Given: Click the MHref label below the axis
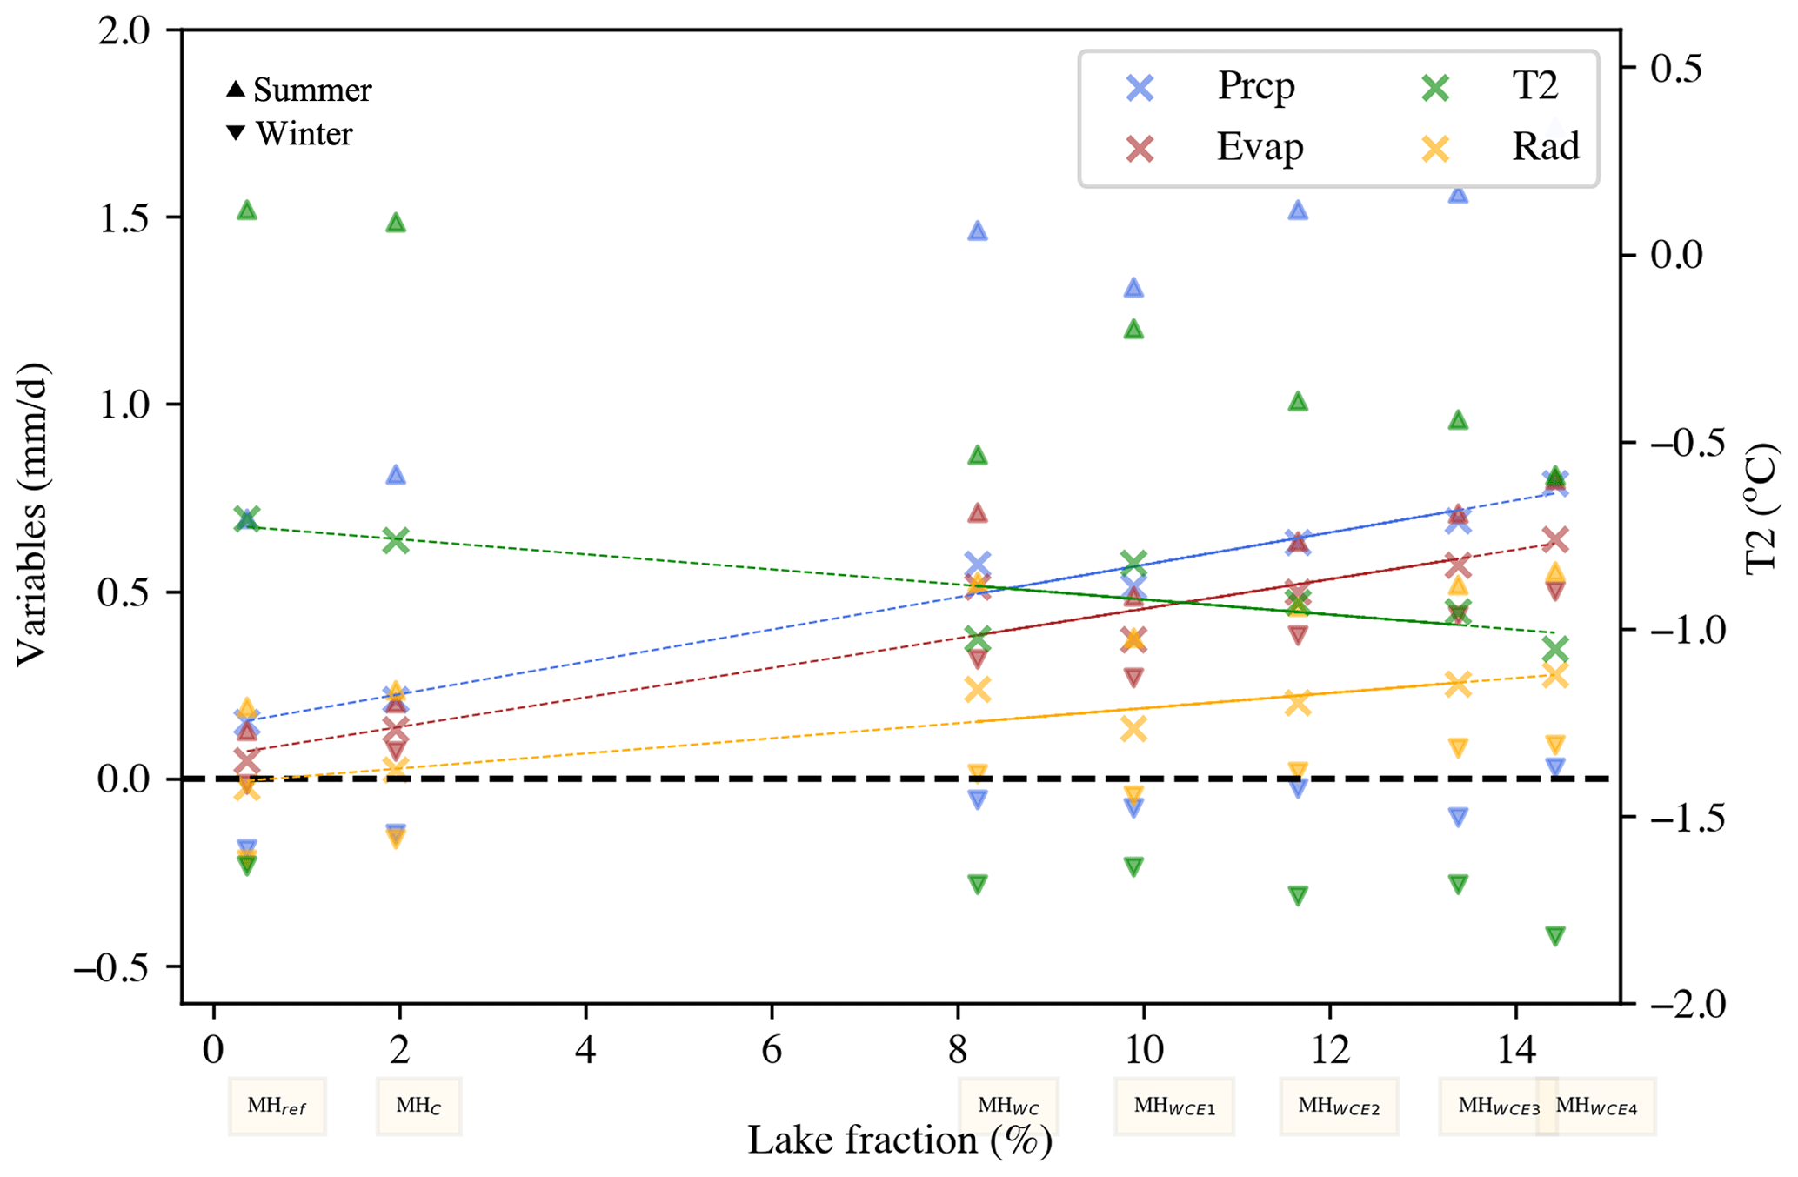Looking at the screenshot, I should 277,1107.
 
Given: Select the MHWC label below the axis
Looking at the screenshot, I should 1008,1107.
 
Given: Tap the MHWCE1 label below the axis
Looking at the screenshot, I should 1174,1107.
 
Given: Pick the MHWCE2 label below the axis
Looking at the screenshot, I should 1339,1107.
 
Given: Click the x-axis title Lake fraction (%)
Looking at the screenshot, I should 899,1140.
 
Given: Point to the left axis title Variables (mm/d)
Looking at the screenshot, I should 32,514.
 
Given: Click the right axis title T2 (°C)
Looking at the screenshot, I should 1761,508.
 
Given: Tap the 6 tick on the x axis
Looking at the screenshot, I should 772,1051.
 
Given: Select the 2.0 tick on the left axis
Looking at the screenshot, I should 124,31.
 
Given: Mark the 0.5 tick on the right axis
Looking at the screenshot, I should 1676,69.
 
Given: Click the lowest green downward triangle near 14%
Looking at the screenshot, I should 1555,936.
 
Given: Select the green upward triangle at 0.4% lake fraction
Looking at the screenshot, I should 247,211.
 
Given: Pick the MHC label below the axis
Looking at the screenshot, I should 418,1107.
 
